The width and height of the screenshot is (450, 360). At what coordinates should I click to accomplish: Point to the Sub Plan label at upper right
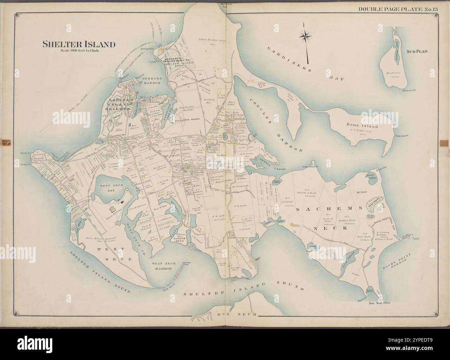(x=417, y=51)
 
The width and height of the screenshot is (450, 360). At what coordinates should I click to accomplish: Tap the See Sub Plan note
(x=379, y=303)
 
